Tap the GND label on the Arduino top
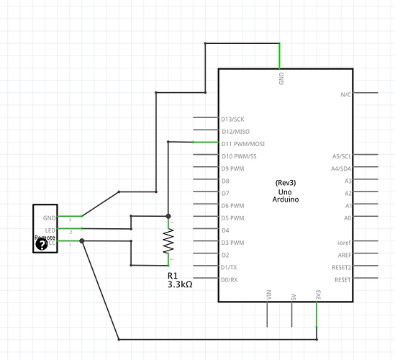281,78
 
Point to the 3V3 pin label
317,295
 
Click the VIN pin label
268,295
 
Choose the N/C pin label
345,94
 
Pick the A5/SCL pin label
342,156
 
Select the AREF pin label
344,255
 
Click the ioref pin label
344,243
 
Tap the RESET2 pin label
342,267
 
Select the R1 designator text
173,275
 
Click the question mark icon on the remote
41,245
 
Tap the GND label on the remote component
49,217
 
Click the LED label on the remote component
50,230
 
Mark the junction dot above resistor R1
168,216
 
